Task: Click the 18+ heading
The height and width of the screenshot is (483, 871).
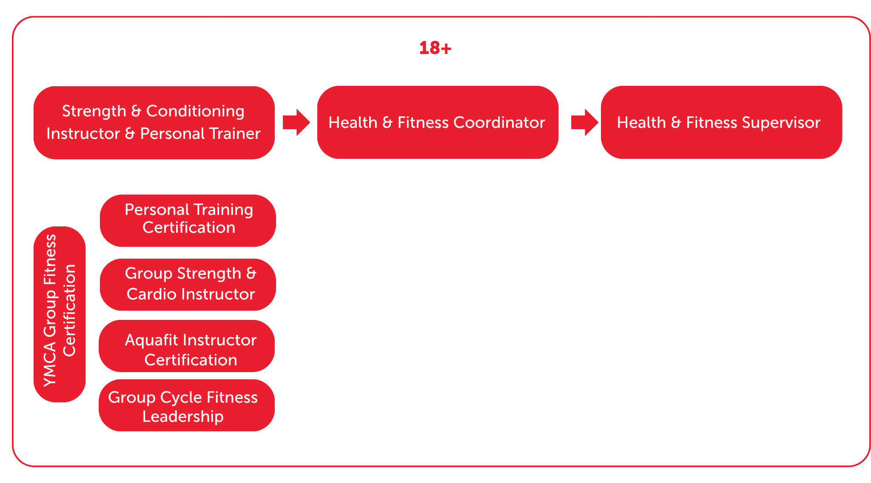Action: pyautogui.click(x=435, y=48)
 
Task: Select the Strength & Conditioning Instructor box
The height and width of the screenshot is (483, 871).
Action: pyautogui.click(x=154, y=123)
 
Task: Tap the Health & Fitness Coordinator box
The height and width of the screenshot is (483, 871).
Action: pyautogui.click(x=437, y=122)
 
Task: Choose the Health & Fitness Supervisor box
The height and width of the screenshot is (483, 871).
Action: pyautogui.click(x=721, y=122)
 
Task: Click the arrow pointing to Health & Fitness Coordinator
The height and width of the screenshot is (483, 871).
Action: pyautogui.click(x=296, y=122)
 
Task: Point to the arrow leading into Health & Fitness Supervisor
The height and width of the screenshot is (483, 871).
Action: pyautogui.click(x=584, y=122)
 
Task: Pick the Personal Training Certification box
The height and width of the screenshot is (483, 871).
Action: pyautogui.click(x=188, y=220)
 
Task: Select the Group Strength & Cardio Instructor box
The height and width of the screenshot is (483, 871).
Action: pyautogui.click(x=188, y=284)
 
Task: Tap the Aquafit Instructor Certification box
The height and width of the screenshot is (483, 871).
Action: pyautogui.click(x=187, y=346)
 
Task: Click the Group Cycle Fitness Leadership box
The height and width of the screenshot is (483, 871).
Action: pyautogui.click(x=187, y=405)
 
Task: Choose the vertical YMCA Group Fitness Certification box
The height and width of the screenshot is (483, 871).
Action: pyautogui.click(x=60, y=314)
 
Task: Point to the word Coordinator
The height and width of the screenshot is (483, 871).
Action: pyautogui.click(x=499, y=123)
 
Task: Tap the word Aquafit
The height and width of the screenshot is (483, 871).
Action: pyautogui.click(x=151, y=340)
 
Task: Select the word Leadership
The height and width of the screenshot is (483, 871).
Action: pyautogui.click(x=183, y=416)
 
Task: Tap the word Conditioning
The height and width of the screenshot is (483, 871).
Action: pyautogui.click(x=195, y=111)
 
